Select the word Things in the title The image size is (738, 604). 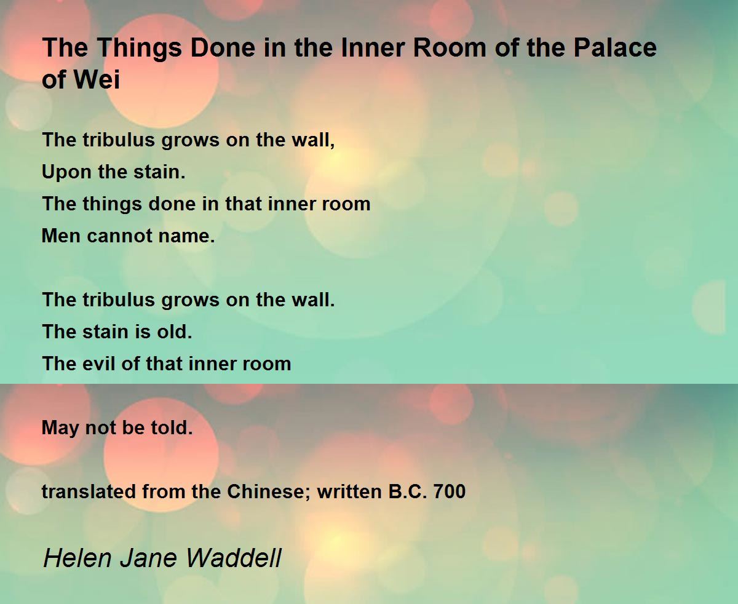(140, 49)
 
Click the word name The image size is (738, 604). (186, 236)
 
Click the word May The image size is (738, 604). (60, 428)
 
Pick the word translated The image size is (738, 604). (89, 491)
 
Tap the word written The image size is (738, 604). (349, 491)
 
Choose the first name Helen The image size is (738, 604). (77, 558)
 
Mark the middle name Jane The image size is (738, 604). (149, 558)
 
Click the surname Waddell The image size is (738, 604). (234, 558)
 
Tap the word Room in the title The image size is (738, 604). (450, 47)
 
